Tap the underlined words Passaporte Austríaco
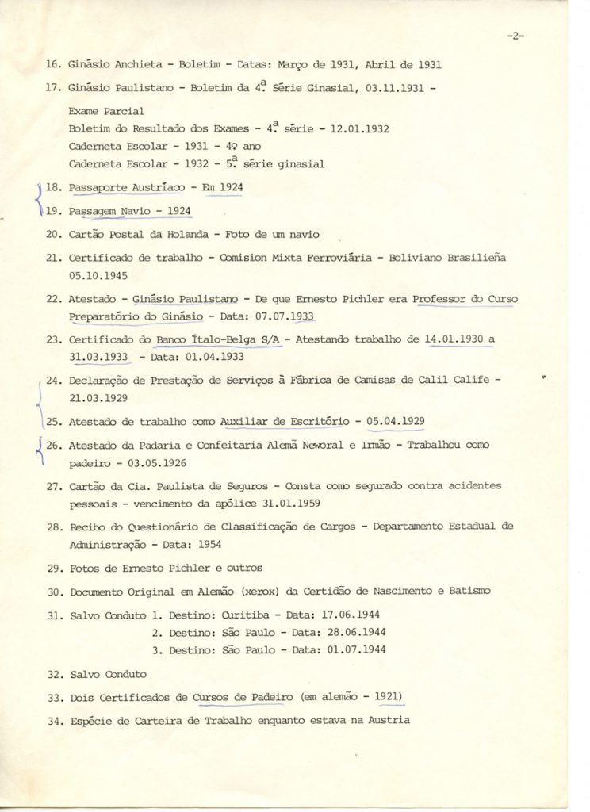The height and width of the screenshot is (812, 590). pos(121,187)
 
